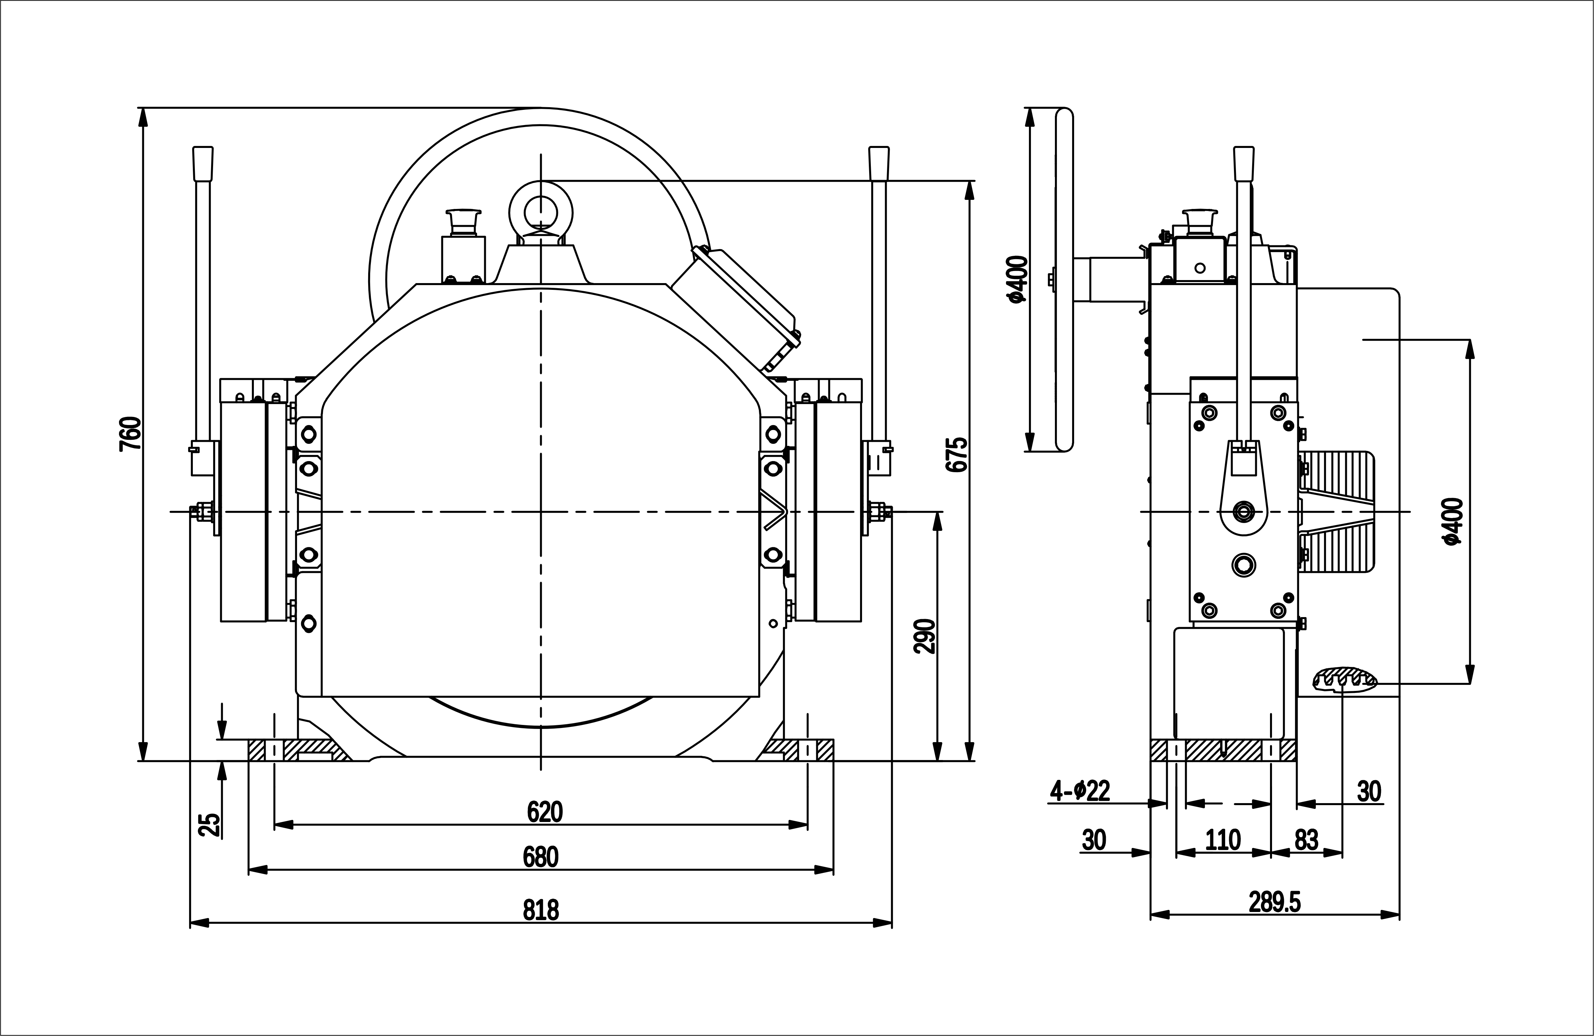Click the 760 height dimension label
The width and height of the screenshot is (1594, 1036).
(130, 434)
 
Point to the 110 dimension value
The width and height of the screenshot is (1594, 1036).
(1223, 840)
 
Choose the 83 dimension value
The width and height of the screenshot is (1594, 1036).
(1306, 840)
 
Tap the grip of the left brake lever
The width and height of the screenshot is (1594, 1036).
(202, 164)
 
